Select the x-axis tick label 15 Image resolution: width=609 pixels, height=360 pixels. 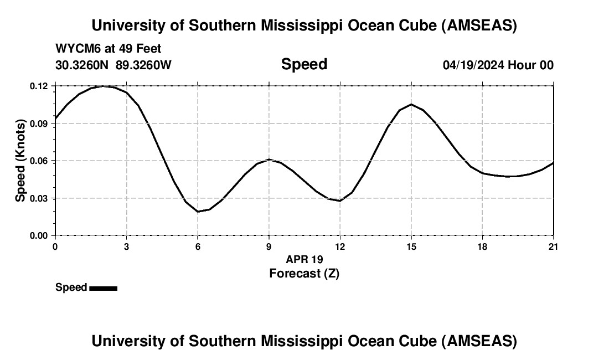point(411,246)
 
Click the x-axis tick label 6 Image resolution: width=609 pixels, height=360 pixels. point(197,246)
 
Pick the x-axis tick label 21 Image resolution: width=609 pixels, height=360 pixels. point(553,246)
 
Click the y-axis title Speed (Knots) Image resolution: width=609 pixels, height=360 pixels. point(20,161)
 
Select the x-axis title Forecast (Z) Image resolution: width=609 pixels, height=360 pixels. point(304,273)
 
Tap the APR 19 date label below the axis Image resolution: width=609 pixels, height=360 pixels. point(304,259)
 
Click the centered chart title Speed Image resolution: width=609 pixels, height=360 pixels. point(304,64)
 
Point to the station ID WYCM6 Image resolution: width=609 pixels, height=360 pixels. point(74,49)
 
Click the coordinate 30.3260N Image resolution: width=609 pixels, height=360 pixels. point(83,65)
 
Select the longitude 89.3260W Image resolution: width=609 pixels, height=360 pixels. point(143,65)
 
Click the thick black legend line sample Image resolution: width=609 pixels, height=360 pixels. point(103,288)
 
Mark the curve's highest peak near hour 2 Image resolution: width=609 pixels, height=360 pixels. point(103,86)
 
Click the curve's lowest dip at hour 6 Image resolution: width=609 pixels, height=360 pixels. point(198,212)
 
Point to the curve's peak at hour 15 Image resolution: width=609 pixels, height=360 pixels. point(411,104)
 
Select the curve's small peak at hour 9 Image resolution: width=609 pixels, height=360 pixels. point(269,160)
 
